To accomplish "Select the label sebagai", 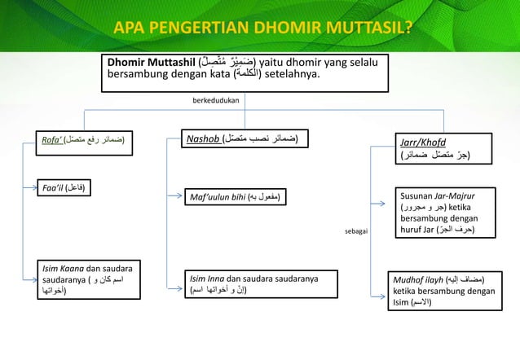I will coord(357,232).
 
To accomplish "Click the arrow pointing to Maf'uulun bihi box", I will coord(174,196).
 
